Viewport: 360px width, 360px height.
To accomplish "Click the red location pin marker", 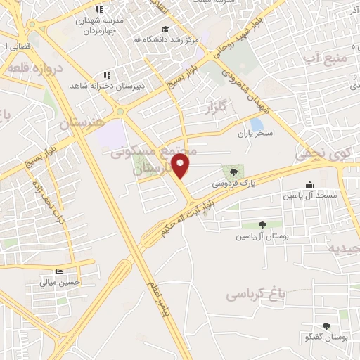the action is pos(181,167).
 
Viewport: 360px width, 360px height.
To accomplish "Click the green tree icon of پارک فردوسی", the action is pos(230,171).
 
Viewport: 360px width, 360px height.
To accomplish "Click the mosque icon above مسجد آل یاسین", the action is pos(310,185).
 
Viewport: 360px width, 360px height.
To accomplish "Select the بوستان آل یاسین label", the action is pos(263,236).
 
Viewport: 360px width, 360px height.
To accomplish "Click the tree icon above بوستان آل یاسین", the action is pos(262,226).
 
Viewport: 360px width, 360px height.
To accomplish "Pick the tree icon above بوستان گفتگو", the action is pos(327,326).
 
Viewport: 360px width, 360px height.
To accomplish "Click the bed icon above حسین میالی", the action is pos(60,272).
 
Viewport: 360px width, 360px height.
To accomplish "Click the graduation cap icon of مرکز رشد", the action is pos(165,29).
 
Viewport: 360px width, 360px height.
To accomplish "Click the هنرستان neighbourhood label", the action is pos(81,122).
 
